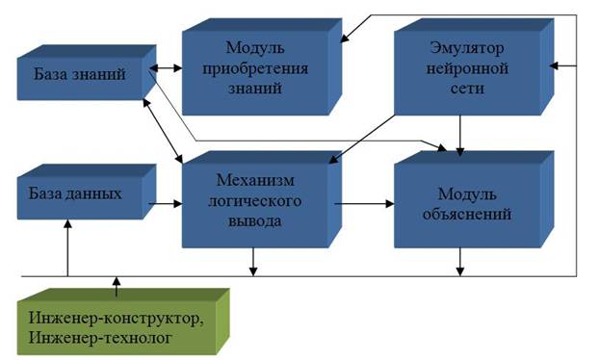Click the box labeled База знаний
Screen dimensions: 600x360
87,73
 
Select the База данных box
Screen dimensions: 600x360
87,193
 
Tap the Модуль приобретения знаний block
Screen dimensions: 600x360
262,67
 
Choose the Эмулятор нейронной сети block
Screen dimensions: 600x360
474,67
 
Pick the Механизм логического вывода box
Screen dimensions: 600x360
262,199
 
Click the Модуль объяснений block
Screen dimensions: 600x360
474,199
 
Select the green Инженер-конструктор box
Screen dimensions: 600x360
123,321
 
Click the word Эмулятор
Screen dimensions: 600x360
467,48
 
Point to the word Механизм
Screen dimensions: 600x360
255,180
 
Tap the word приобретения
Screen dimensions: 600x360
255,69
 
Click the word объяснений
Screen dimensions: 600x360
467,214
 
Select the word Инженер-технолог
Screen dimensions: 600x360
100,338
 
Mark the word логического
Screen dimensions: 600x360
255,200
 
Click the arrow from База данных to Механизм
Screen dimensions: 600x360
166,204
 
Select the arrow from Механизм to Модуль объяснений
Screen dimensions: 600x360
364,204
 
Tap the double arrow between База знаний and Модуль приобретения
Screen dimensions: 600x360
166,68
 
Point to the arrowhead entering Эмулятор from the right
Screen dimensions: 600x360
554,65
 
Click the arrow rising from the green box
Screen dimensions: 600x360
117,287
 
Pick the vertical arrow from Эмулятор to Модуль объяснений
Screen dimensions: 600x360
460,136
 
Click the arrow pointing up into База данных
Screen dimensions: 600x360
67,247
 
